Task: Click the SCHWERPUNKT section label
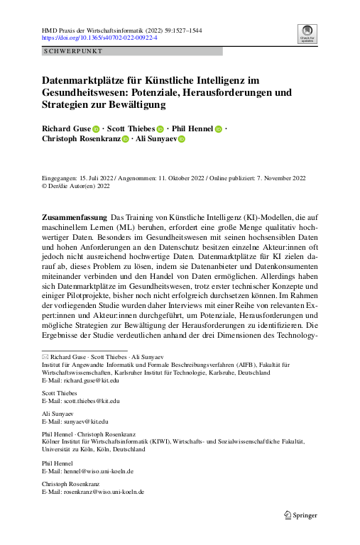73,52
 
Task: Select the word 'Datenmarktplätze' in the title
78,80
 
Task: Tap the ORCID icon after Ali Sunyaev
181,140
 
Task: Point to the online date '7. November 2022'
277,178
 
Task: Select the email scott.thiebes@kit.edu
95,401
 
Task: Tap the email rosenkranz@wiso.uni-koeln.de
104,491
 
